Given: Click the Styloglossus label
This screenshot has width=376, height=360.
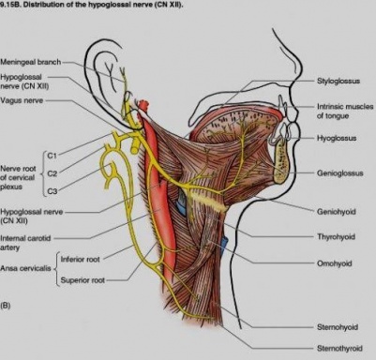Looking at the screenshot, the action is point(338,81).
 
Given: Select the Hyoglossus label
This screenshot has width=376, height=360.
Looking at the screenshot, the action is point(337,138).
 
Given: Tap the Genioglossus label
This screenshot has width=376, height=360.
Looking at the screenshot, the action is point(340,172).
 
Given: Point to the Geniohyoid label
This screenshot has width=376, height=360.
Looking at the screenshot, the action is point(337,212).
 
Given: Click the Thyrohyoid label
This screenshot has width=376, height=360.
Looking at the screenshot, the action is point(336,236).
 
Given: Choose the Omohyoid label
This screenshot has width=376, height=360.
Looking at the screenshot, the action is point(335,263).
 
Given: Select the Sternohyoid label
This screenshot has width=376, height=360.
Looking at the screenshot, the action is point(338,327).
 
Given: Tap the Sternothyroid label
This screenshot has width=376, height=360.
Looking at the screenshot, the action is point(339,348).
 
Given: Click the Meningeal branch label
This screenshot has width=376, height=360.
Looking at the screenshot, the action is point(30,62).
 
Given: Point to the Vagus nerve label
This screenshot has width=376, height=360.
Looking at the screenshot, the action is point(22,100).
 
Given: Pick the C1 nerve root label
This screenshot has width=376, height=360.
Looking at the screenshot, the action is point(52,155).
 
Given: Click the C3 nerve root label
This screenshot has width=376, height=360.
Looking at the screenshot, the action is point(53,191).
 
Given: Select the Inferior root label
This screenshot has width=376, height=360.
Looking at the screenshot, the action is point(80,259).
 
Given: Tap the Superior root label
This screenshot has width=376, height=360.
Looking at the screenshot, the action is point(83,280).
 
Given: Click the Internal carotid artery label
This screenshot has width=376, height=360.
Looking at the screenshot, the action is point(25,243).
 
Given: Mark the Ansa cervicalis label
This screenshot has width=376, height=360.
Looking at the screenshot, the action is point(25,268).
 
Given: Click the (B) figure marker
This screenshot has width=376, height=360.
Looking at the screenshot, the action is point(6,306).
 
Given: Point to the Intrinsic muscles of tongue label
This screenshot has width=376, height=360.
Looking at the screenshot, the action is point(345,111).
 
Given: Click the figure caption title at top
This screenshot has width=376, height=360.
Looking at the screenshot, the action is point(91,5).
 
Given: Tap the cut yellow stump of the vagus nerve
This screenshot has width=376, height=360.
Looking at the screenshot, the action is point(135,145).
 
